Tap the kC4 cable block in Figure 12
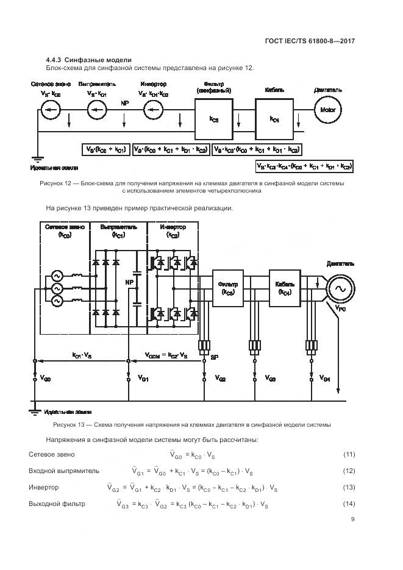274,119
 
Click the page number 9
352,519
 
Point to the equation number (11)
349,455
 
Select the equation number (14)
349,504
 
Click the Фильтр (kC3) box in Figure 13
229,287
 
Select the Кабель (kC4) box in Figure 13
285,287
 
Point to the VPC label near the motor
341,310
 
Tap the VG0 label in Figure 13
46,379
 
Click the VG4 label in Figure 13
325,379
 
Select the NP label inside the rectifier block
129,282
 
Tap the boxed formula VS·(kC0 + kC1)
104,149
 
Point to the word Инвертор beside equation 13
44,488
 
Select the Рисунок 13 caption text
192,424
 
